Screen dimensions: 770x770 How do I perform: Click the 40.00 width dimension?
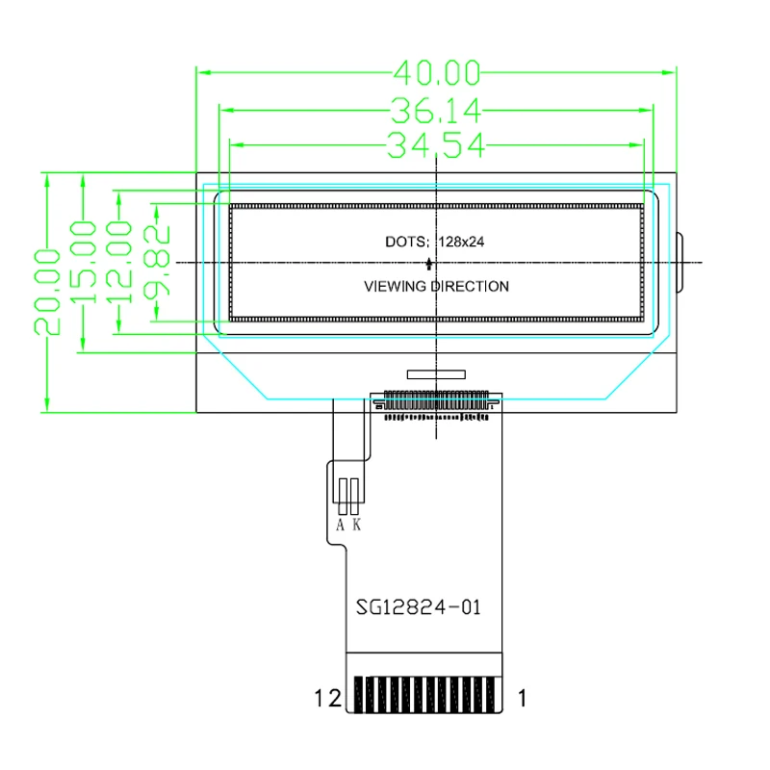[x=437, y=72]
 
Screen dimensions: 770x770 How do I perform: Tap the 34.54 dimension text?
[x=437, y=146]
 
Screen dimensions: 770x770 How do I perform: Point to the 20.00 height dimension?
[x=46, y=291]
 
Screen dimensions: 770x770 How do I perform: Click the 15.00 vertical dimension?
[x=85, y=262]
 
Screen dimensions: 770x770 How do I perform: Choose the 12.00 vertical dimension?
[x=119, y=261]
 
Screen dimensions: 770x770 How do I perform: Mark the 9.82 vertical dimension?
[x=158, y=260]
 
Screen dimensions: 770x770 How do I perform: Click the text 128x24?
[x=461, y=243]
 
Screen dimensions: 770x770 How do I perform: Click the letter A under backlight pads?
[x=341, y=526]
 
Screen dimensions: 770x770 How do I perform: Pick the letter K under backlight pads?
[x=357, y=526]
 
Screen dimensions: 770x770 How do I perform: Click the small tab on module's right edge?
[x=681, y=262]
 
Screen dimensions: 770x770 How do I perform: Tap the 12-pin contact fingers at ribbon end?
[x=424, y=695]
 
